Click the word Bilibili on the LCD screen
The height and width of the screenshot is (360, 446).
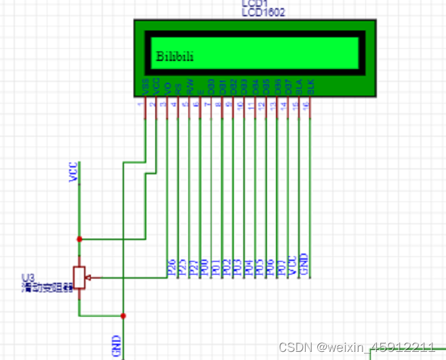175,56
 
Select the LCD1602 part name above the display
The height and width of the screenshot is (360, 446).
264,12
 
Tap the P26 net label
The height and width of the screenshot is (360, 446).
171,267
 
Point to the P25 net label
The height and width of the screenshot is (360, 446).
182,267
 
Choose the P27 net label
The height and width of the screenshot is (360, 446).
192,267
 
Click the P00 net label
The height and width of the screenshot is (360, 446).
203,267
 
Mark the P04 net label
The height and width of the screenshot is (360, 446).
247,267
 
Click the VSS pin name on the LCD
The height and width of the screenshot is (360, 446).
146,87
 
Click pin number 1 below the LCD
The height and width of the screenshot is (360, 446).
140,104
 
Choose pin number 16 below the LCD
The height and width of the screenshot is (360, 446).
306,104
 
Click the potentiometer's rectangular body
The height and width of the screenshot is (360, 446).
79,277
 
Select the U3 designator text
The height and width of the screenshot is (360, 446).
27,278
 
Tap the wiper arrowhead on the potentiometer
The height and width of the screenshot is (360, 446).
89,277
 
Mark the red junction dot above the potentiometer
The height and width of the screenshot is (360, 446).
79,239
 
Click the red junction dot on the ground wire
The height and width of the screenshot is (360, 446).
123,315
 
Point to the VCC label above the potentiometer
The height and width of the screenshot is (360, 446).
74,172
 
